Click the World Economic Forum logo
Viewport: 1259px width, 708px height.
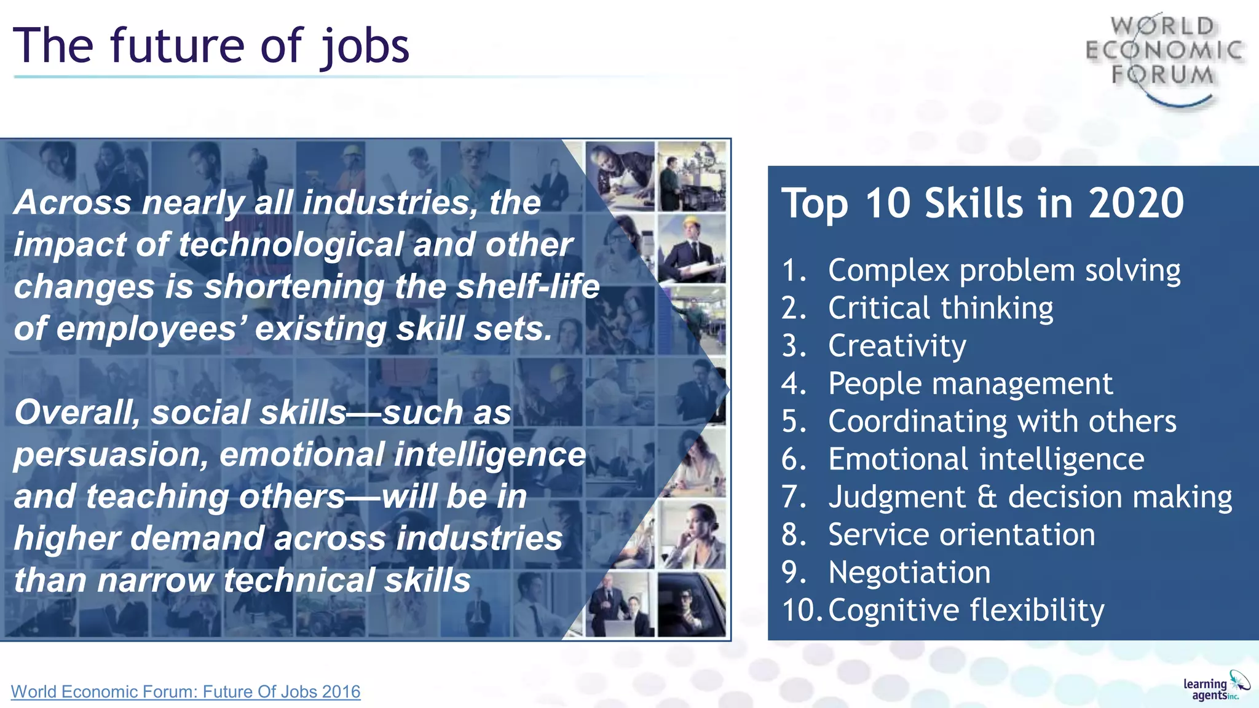coord(1164,58)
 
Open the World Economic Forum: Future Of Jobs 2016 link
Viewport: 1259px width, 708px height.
coord(186,692)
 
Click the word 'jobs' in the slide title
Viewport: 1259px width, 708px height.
coord(364,47)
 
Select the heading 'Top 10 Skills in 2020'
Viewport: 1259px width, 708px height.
coord(982,203)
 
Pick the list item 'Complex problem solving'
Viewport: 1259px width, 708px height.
coord(1004,270)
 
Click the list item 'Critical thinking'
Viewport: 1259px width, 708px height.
coord(940,308)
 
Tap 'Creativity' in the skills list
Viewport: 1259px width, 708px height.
coord(897,346)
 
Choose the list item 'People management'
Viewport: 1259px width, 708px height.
coord(970,384)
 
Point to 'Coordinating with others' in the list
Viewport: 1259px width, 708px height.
coord(1002,422)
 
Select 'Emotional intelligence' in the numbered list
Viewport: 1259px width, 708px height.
coord(986,459)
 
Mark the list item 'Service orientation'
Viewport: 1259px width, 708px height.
coord(961,535)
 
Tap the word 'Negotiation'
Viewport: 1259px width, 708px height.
coord(909,573)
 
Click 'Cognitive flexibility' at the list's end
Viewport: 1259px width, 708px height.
coord(966,610)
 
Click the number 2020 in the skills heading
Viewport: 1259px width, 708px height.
coord(1135,203)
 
